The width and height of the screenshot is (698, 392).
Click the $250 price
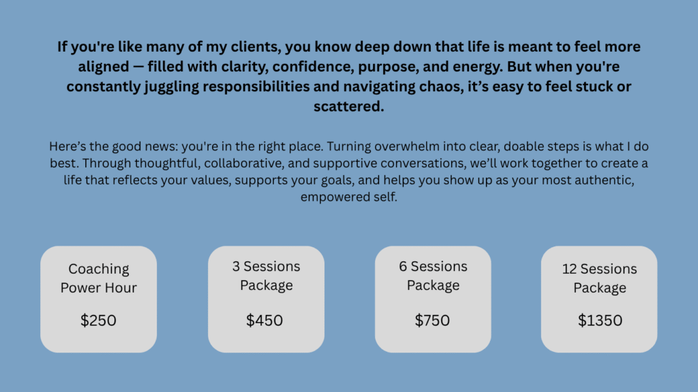pyautogui.click(x=98, y=321)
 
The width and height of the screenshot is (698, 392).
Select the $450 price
pyautogui.click(x=264, y=321)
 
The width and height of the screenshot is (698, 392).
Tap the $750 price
pyautogui.click(x=432, y=321)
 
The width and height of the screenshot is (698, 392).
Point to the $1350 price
pyautogui.click(x=600, y=321)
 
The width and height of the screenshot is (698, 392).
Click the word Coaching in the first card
pyautogui.click(x=99, y=269)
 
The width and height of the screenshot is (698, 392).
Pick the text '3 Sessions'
pyautogui.click(x=267, y=266)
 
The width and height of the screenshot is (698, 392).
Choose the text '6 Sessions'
pyautogui.click(x=433, y=266)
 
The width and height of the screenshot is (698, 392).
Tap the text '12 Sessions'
pyautogui.click(x=600, y=269)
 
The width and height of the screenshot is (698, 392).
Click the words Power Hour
pyautogui.click(x=98, y=288)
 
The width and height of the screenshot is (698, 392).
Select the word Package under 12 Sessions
pyautogui.click(x=600, y=288)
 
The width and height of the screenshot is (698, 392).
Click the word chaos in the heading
pyautogui.click(x=441, y=86)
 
